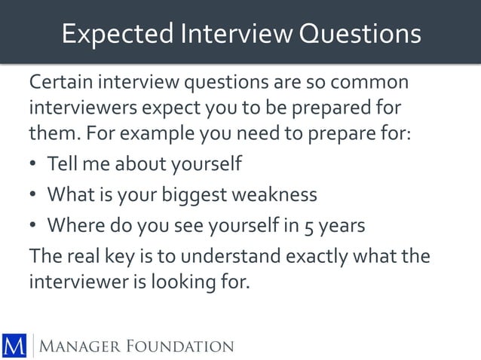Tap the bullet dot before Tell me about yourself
[x=34, y=164]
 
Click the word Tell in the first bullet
[x=60, y=163]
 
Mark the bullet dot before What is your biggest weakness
[x=34, y=195]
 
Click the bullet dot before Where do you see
[x=34, y=225]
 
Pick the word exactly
[x=325, y=255]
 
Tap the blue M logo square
[x=14, y=344]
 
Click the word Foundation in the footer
[x=182, y=346]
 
